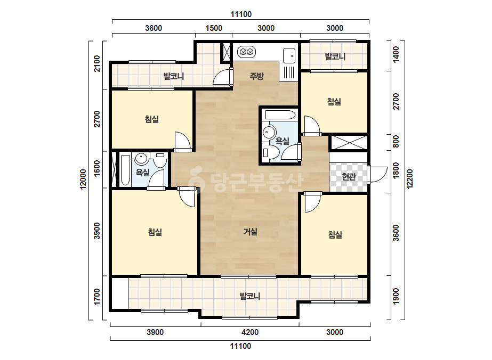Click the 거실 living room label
(x=251, y=232)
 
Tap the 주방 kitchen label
(x=257, y=76)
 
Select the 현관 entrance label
(x=349, y=177)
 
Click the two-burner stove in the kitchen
(x=246, y=52)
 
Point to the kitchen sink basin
(x=289, y=56)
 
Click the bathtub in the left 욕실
(x=125, y=170)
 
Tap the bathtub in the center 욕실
(x=280, y=115)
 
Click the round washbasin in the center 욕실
(x=269, y=132)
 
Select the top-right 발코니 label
(x=335, y=57)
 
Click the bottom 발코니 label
(x=250, y=296)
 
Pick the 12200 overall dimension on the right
(x=410, y=179)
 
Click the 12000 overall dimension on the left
(x=83, y=179)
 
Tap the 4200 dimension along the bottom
(x=250, y=332)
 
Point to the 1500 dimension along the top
(x=214, y=28)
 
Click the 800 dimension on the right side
(x=396, y=142)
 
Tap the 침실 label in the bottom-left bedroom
(x=155, y=232)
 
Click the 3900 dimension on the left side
(x=97, y=231)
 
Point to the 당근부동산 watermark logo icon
(x=196, y=180)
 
